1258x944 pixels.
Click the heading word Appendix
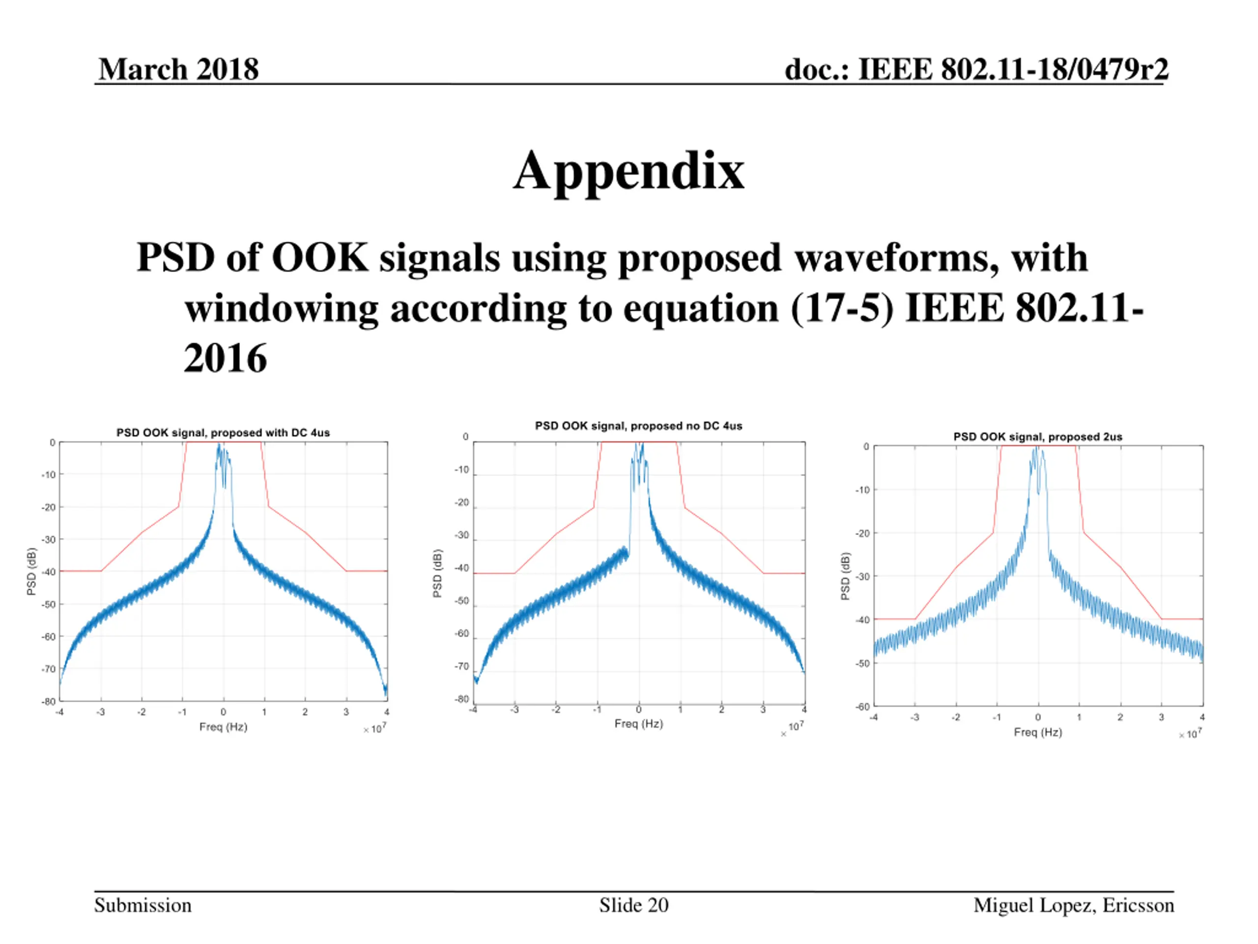tap(629, 172)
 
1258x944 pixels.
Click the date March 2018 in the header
tap(178, 69)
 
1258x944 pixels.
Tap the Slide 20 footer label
tap(633, 905)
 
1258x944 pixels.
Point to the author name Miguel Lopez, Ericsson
tap(1073, 905)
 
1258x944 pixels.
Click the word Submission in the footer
tap(143, 905)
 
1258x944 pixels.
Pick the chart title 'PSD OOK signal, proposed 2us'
tap(1037, 437)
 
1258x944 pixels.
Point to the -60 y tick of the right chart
tap(863, 707)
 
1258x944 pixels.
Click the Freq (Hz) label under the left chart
tap(223, 727)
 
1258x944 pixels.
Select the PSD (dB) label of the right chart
tap(845, 576)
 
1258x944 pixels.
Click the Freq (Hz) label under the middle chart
tap(638, 723)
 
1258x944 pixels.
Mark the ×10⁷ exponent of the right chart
tap(1190, 734)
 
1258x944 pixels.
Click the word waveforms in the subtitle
tap(896, 258)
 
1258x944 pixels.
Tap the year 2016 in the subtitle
tap(225, 358)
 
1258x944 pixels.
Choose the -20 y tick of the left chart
tap(49, 507)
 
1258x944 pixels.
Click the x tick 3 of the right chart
tap(1161, 717)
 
